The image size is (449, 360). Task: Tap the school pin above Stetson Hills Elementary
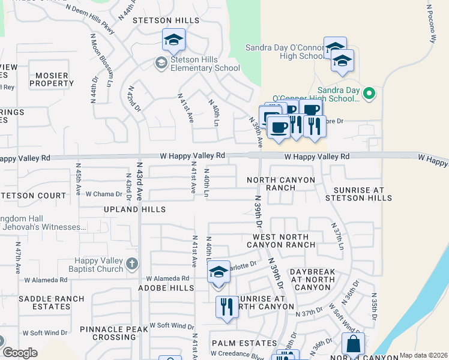[173, 40]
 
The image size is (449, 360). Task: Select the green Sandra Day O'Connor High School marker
[370, 93]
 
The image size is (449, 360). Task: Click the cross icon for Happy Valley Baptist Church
[132, 263]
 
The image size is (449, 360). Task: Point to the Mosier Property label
[52, 79]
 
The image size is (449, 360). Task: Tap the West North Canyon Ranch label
[280, 241]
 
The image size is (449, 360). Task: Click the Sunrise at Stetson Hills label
[358, 193]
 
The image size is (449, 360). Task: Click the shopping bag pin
[353, 344]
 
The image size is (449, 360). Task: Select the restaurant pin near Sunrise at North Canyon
[227, 307]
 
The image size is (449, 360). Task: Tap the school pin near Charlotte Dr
[219, 272]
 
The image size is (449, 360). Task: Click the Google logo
[19, 353]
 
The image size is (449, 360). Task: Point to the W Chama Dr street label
[108, 194]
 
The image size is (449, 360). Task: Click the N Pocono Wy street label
[431, 25]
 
